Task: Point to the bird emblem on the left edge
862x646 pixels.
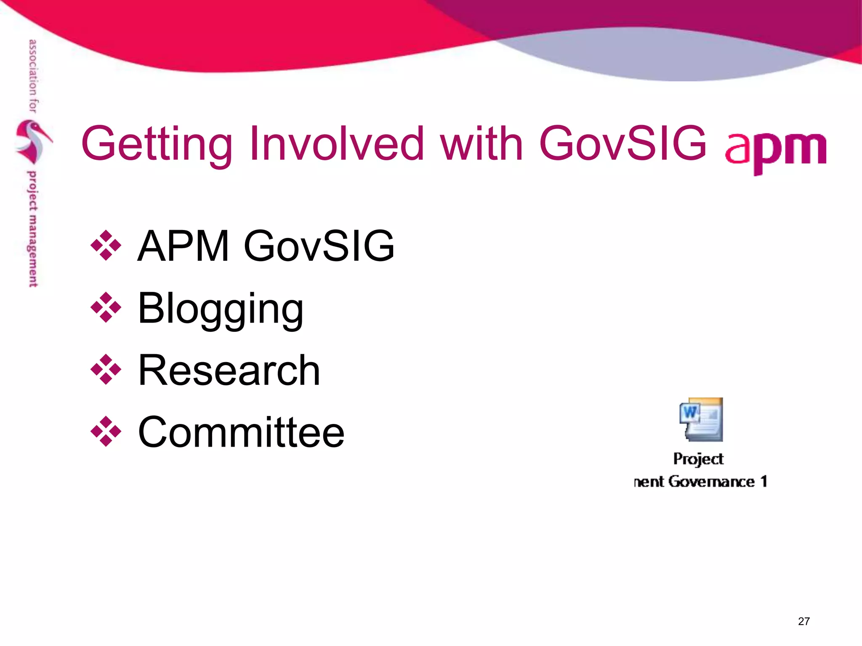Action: pos(33,141)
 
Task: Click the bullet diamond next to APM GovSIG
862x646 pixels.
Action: pos(106,245)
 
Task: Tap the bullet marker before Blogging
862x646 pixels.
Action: pos(106,307)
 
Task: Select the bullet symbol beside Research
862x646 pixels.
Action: pos(106,370)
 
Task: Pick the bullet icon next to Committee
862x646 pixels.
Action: pos(106,432)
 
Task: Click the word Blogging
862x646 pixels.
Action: pos(220,309)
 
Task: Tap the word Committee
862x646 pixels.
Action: pos(241,432)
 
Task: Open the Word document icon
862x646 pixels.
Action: pos(701,419)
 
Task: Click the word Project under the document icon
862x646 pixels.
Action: pos(698,459)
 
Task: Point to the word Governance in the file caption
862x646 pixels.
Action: pos(711,482)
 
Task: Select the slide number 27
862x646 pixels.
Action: pos(803,621)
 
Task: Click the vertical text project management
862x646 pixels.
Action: pos(32,229)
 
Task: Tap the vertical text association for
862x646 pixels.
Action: pos(33,76)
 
